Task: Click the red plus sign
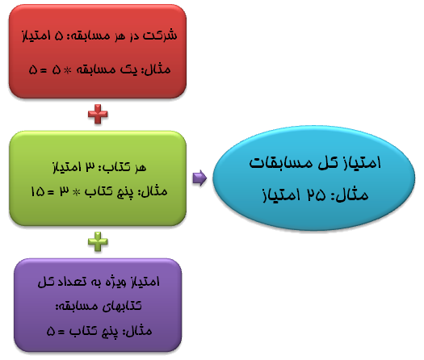pyautogui.click(x=98, y=114)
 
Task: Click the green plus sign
pyautogui.click(x=98, y=241)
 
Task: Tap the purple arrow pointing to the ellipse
pyautogui.click(x=199, y=178)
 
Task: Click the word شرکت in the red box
pyautogui.click(x=160, y=36)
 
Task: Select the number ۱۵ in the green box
pyautogui.click(x=38, y=191)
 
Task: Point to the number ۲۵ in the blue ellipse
pyautogui.click(x=316, y=195)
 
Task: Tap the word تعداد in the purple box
pyautogui.click(x=72, y=282)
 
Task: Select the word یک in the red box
pyautogui.click(x=128, y=70)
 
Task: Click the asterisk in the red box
pyautogui.click(x=67, y=70)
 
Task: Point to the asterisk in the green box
pyautogui.click(x=77, y=192)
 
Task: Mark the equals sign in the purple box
pyautogui.click(x=61, y=332)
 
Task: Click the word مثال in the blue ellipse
pyautogui.click(x=353, y=195)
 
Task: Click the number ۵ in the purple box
pyautogui.click(x=51, y=332)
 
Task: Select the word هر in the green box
pyautogui.click(x=140, y=168)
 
